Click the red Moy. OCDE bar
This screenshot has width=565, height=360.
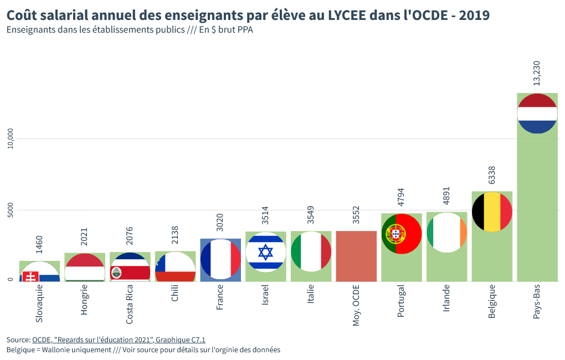(x=356, y=256)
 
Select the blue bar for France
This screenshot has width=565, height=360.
(x=220, y=259)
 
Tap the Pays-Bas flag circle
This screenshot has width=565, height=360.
(x=537, y=114)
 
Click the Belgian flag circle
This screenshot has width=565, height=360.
(x=491, y=212)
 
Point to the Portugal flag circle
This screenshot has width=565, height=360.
(x=402, y=234)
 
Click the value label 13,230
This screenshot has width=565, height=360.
(x=536, y=73)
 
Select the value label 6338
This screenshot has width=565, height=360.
(x=491, y=174)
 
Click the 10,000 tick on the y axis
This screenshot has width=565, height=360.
(x=10, y=138)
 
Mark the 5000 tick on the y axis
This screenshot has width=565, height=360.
(x=10, y=210)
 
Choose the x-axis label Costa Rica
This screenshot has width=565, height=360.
(x=130, y=305)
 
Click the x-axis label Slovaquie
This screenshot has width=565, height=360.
(x=39, y=304)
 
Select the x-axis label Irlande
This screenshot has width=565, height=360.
(x=446, y=299)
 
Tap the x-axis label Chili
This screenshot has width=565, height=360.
(x=175, y=294)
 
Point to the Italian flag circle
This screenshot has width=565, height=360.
(x=311, y=251)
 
